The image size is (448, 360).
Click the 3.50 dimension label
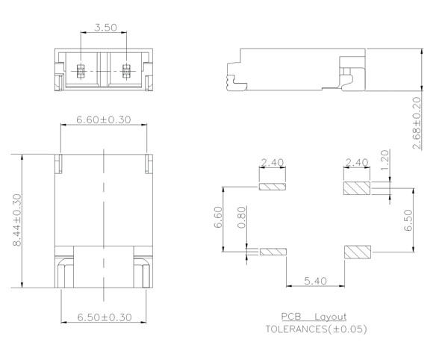[106, 28]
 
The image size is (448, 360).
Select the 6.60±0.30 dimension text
[104, 120]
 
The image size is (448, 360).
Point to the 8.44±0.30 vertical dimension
[17, 220]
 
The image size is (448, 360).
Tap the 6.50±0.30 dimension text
[105, 317]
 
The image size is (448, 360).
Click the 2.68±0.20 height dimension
[417, 122]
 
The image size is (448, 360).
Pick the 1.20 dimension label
[385, 160]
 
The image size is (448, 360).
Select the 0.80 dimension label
[241, 217]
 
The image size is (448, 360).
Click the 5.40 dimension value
[315, 281]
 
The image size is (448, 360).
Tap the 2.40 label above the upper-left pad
[273, 163]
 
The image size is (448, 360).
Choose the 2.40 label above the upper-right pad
[357, 163]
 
